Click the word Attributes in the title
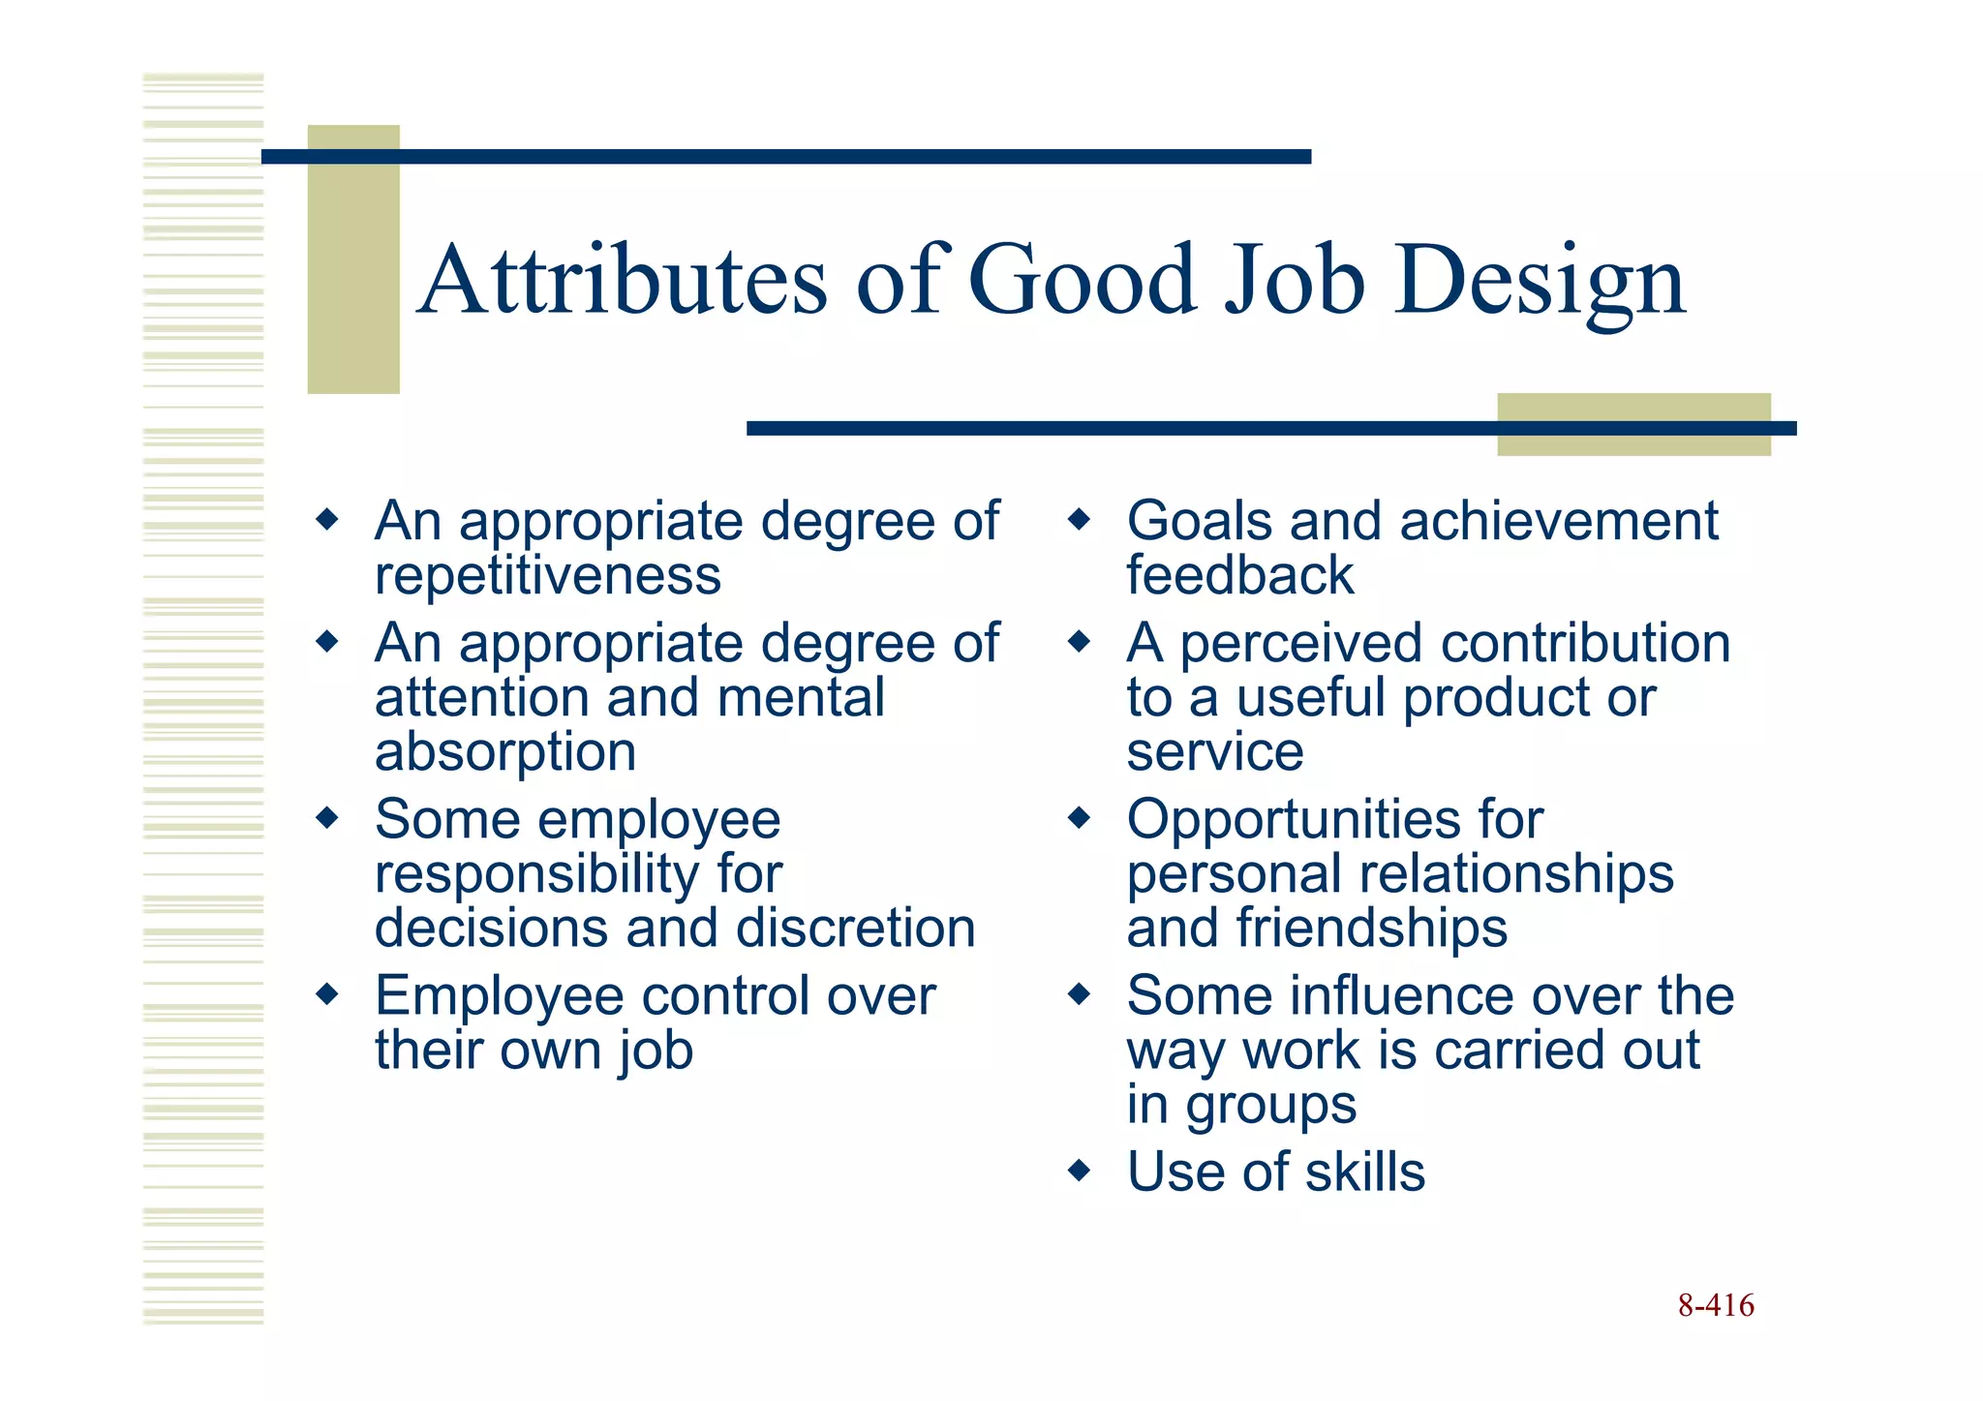click(625, 280)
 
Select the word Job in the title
click(1295, 280)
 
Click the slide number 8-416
click(1716, 1305)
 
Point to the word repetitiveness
click(548, 576)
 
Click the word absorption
click(505, 752)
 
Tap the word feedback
click(1239, 575)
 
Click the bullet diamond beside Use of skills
click(1079, 1172)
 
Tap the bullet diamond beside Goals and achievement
click(1079, 521)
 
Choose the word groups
click(1270, 1105)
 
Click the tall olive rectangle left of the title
click(353, 259)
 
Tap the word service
click(1215, 752)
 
